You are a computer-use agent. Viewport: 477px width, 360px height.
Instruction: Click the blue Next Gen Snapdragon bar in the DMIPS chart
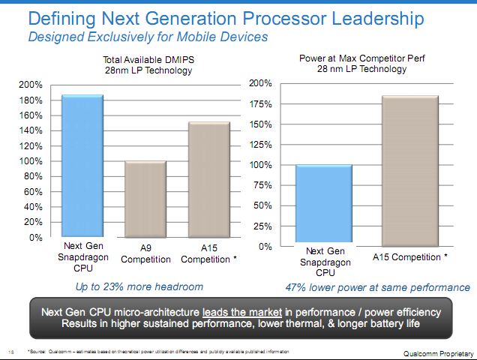click(82, 166)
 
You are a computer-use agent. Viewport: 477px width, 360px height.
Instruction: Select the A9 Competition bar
click(145, 199)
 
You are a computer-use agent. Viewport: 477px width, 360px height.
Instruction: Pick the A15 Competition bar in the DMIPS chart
click(208, 179)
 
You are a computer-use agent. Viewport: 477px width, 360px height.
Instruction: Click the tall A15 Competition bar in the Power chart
click(409, 170)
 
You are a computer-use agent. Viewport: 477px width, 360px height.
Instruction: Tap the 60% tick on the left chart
click(34, 192)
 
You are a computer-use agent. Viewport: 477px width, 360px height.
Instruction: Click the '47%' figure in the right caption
click(297, 287)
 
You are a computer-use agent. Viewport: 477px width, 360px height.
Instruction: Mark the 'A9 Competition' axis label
click(145, 255)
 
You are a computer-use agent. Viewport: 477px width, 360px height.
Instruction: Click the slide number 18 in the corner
click(11, 351)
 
